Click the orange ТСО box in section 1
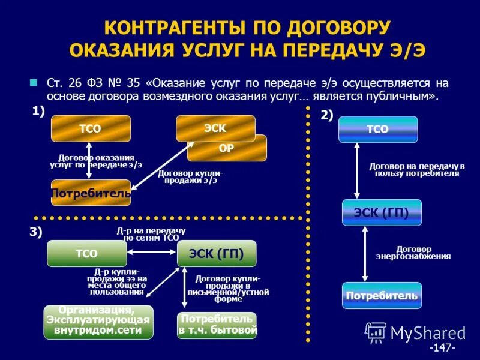(x=90, y=128)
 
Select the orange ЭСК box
(x=215, y=128)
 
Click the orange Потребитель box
(x=91, y=193)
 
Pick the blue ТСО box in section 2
(x=377, y=129)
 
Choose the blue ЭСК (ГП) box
(x=382, y=212)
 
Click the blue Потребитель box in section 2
(x=382, y=296)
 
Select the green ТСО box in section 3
(x=86, y=253)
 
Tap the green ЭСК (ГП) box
(x=217, y=253)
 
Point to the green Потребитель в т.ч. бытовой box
(x=217, y=325)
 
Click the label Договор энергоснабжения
(x=413, y=253)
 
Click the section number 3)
(x=36, y=233)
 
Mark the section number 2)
(x=326, y=116)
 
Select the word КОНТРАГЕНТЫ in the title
(x=174, y=28)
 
